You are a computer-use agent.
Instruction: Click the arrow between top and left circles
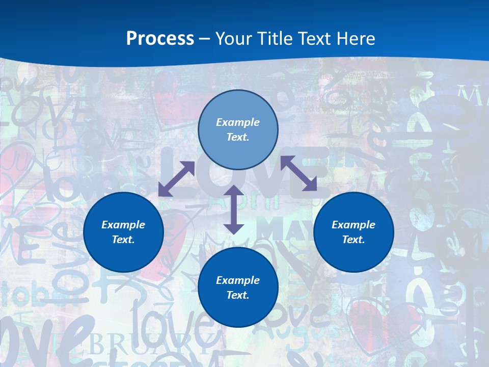(x=176, y=179)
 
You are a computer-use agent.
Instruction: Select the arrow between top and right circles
(x=299, y=173)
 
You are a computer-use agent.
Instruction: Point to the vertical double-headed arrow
(x=234, y=209)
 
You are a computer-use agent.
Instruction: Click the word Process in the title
(x=160, y=38)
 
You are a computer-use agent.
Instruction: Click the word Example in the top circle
(x=238, y=122)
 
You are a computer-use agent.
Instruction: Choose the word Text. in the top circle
(x=238, y=137)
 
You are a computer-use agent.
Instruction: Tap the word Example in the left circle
(x=123, y=225)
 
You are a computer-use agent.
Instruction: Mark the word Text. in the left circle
(x=123, y=240)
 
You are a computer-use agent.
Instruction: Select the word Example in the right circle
(x=354, y=225)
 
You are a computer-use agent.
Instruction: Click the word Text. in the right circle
(x=354, y=240)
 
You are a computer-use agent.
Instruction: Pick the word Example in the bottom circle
(x=238, y=280)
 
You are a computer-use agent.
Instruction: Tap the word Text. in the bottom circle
(x=238, y=295)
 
